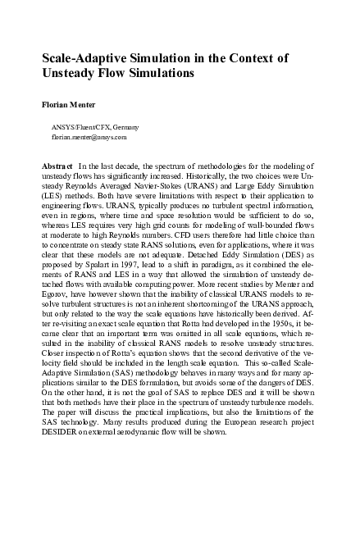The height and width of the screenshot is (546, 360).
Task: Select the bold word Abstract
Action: (57, 166)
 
